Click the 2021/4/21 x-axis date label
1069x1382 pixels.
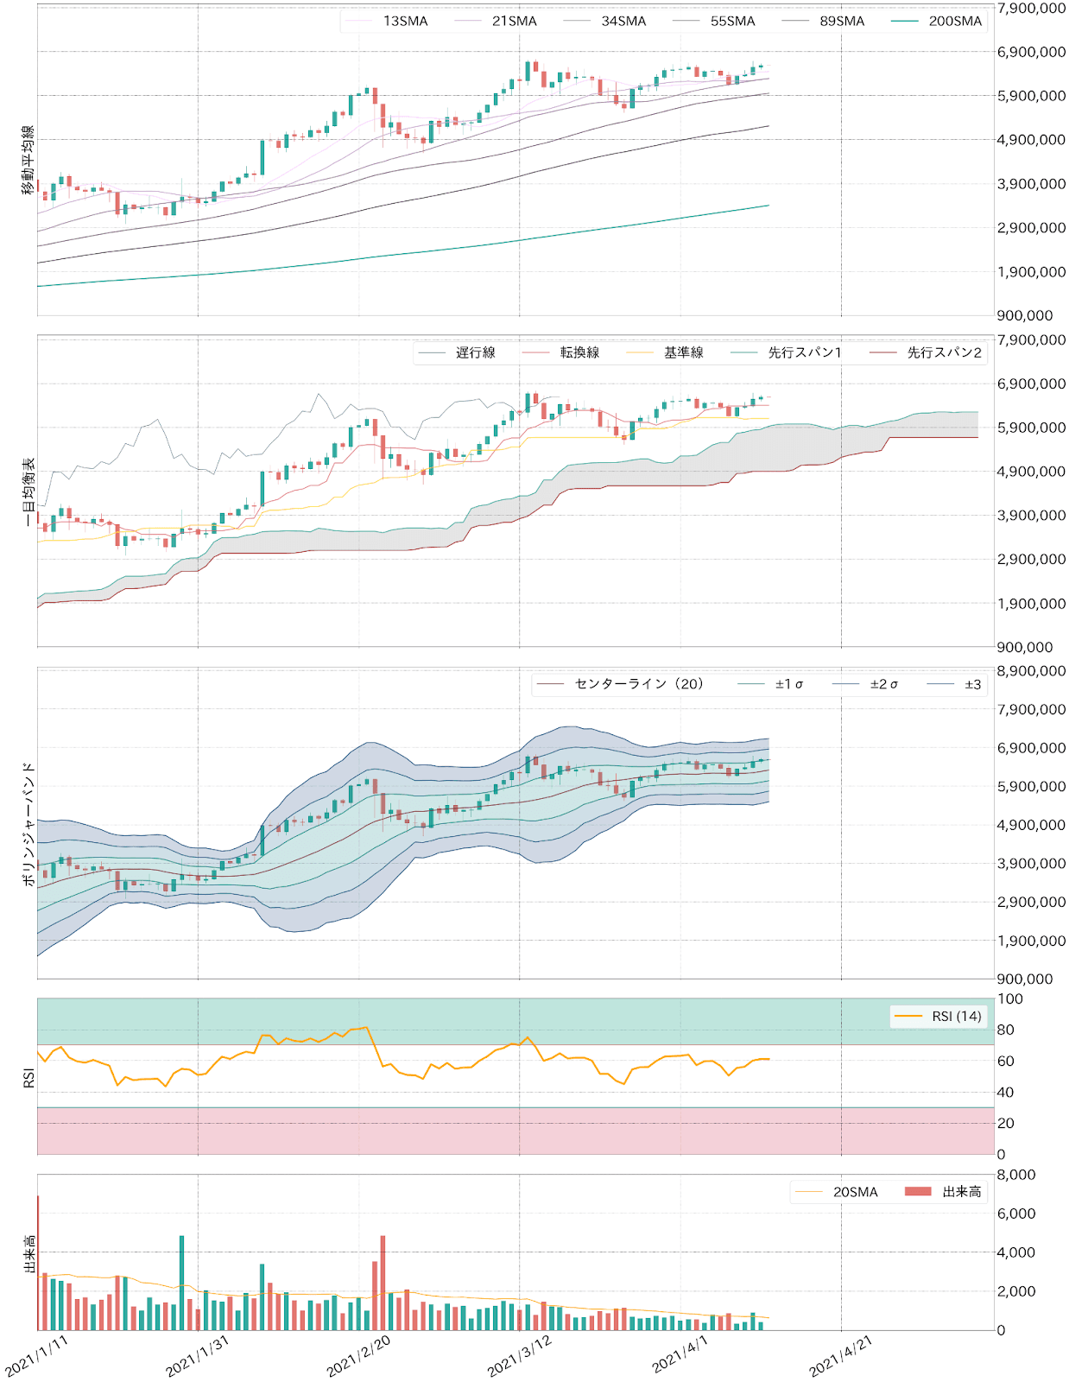[841, 1355]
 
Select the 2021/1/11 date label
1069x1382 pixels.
[36, 1355]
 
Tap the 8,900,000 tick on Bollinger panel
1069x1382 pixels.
[1031, 671]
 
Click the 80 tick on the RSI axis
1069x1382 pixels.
[1005, 1030]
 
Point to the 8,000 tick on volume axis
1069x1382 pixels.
[1016, 1175]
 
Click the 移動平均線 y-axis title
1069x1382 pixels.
[28, 160]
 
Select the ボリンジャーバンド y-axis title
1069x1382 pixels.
[28, 823]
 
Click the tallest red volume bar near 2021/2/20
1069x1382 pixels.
[383, 1283]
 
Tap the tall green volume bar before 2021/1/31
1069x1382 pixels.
[181, 1283]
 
